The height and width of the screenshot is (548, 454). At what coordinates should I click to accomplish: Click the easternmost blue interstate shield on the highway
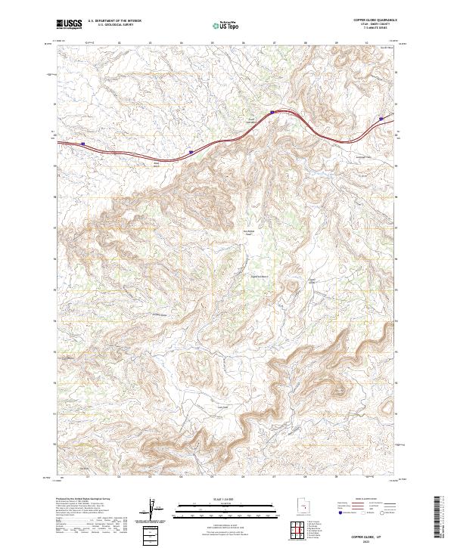pos(382,118)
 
